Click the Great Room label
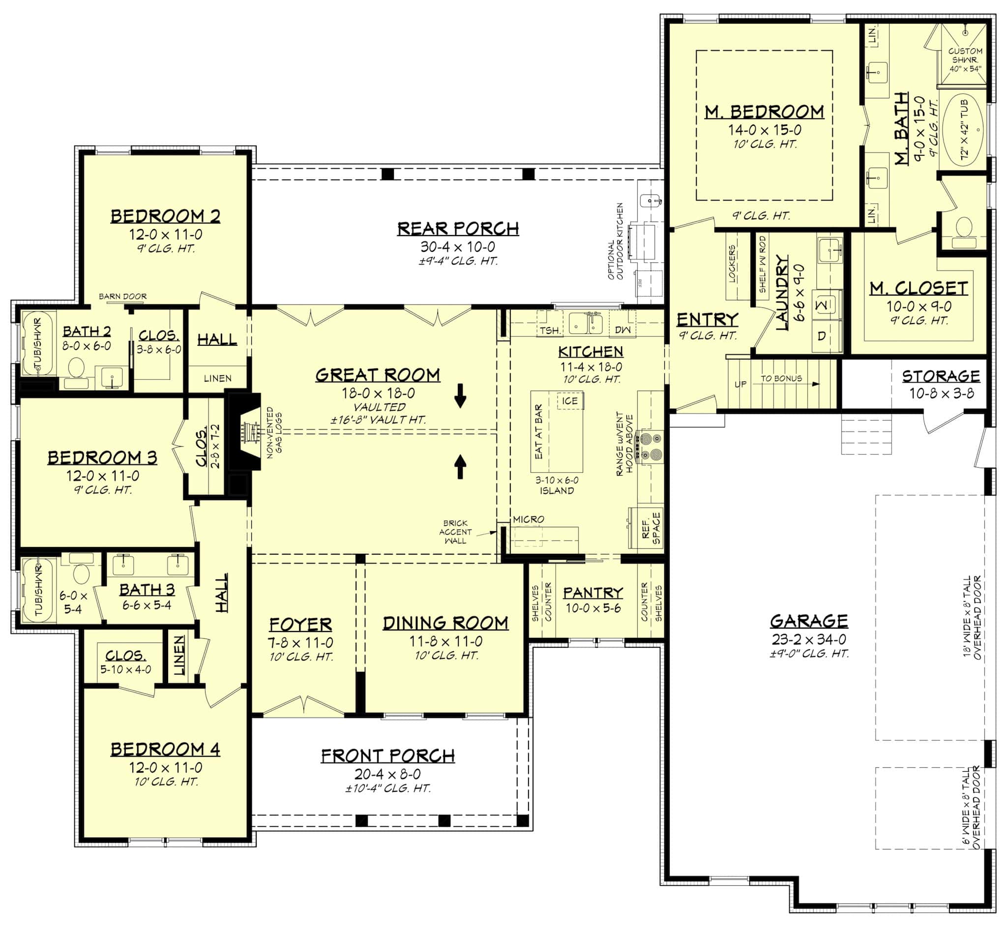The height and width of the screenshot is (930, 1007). [378, 375]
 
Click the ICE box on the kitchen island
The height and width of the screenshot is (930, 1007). [570, 401]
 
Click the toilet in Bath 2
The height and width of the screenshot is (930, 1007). [77, 367]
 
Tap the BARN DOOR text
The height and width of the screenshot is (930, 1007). [122, 297]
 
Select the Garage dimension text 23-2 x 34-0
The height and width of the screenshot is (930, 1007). [809, 640]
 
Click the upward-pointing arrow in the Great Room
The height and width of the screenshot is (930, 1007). [460, 466]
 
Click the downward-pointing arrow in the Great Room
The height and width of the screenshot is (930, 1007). [460, 395]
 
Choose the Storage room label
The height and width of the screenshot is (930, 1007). [941, 376]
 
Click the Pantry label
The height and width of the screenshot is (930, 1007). [593, 593]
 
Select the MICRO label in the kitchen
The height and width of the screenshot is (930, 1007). [529, 519]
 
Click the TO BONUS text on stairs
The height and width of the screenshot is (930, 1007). [781, 378]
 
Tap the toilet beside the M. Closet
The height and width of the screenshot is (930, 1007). [964, 229]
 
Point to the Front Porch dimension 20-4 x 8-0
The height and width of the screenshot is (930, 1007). [387, 774]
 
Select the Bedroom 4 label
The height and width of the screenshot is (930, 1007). [165, 750]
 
